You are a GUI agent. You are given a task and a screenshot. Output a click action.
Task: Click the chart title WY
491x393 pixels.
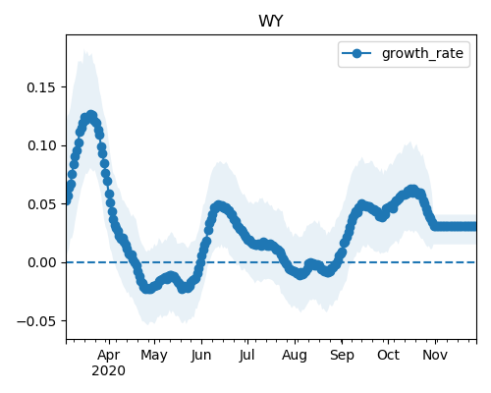pyautogui.click(x=271, y=22)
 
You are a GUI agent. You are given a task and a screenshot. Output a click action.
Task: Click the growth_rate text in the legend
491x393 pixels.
pyautogui.click(x=422, y=53)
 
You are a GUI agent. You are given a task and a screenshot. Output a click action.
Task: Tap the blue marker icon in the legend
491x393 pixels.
pyautogui.click(x=356, y=53)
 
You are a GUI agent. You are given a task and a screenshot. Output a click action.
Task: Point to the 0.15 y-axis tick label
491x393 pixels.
pyautogui.click(x=41, y=87)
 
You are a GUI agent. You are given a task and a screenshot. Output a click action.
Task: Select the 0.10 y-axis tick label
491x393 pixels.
pyautogui.click(x=41, y=145)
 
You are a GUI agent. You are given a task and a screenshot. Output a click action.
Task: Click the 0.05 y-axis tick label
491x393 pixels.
pyautogui.click(x=41, y=204)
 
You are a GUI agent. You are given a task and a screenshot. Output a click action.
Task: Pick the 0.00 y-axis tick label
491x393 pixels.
pyautogui.click(x=41, y=262)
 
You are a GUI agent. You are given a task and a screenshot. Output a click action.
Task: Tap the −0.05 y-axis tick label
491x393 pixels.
pyautogui.click(x=36, y=321)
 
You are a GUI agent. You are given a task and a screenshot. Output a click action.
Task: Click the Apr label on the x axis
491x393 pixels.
pyautogui.click(x=109, y=356)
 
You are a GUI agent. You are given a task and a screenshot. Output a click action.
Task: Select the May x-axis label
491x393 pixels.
pyautogui.click(x=154, y=356)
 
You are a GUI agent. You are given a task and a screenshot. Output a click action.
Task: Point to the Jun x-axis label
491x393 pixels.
pyautogui.click(x=201, y=356)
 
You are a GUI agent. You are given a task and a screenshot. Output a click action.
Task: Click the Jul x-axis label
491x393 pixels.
pyautogui.click(x=246, y=356)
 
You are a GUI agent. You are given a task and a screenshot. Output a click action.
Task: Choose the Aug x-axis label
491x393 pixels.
pyautogui.click(x=295, y=356)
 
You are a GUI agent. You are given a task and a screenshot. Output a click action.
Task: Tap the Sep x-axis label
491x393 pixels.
pyautogui.click(x=342, y=356)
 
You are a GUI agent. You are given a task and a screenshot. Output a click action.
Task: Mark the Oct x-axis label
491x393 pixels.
pyautogui.click(x=388, y=356)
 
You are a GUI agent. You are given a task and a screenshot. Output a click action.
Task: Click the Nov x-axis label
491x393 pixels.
pyautogui.click(x=435, y=356)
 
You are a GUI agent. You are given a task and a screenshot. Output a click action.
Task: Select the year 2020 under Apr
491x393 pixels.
pyautogui.click(x=108, y=371)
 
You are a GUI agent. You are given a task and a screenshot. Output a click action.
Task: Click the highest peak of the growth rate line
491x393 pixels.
pyautogui.click(x=91, y=116)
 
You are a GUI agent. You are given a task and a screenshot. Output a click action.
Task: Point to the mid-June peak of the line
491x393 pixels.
pyautogui.click(x=219, y=206)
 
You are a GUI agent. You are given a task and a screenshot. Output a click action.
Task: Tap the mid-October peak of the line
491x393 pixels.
pyautogui.click(x=412, y=190)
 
